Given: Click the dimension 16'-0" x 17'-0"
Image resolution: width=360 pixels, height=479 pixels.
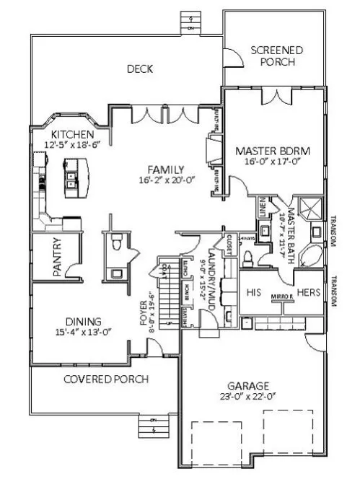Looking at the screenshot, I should [x=272, y=163].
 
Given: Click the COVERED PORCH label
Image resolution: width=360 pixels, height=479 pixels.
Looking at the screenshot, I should [x=105, y=379].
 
